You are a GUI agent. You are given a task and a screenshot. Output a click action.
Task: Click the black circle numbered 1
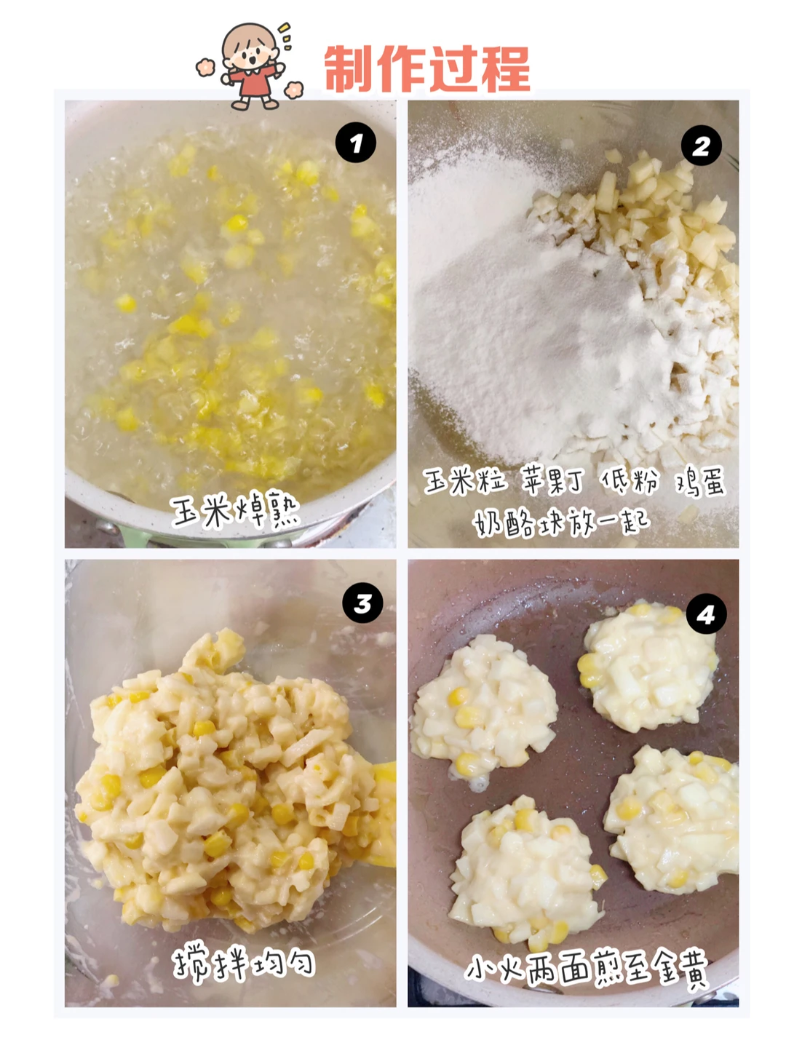point(356,143)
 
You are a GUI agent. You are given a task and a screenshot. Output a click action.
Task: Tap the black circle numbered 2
point(701,145)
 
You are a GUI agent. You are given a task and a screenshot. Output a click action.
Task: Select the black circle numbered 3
point(362,603)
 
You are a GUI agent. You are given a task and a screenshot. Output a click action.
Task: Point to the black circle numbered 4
point(706,614)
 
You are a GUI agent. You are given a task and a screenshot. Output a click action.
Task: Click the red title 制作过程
point(427,68)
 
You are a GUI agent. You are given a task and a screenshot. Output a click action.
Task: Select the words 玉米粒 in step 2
point(464,480)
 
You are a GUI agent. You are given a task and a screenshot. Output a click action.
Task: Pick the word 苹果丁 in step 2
point(552,480)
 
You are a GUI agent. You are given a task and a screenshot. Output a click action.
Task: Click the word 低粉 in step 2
point(630,480)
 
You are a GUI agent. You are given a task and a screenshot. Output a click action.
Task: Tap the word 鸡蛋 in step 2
point(700,481)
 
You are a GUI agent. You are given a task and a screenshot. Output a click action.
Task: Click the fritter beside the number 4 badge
point(648,667)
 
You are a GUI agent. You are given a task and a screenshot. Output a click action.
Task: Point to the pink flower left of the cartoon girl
point(205,68)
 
